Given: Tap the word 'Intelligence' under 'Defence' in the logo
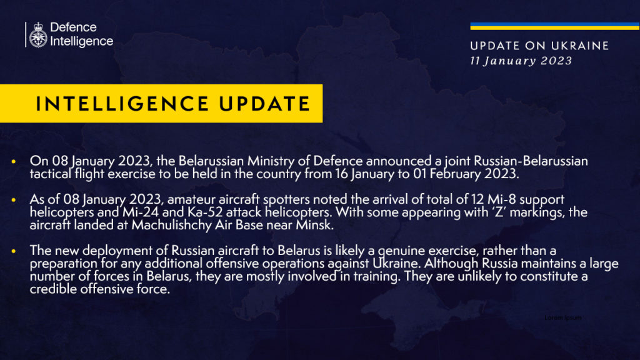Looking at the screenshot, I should tap(81, 42).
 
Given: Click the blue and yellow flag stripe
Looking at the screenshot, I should tap(554, 26).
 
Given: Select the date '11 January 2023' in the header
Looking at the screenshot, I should tap(520, 61).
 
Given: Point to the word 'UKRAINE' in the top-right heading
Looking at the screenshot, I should tap(578, 46).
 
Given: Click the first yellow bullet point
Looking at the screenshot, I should tap(14, 161).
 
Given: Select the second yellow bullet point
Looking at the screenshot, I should tap(14, 199).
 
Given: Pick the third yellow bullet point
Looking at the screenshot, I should tap(14, 251).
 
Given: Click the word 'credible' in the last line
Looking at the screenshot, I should tap(51, 290).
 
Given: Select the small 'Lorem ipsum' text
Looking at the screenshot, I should tap(562, 318).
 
